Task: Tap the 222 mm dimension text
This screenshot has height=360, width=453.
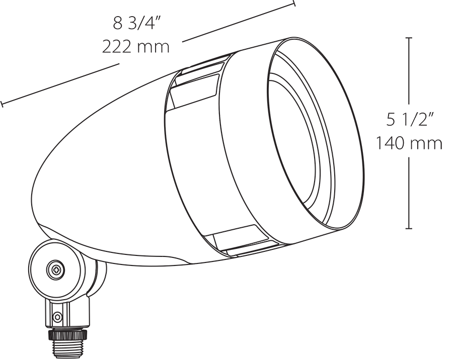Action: [136, 47]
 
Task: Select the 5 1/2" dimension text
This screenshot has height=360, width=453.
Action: [410, 120]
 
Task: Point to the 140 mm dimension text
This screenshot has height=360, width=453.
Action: [409, 143]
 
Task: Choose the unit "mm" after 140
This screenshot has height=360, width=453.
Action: [426, 143]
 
